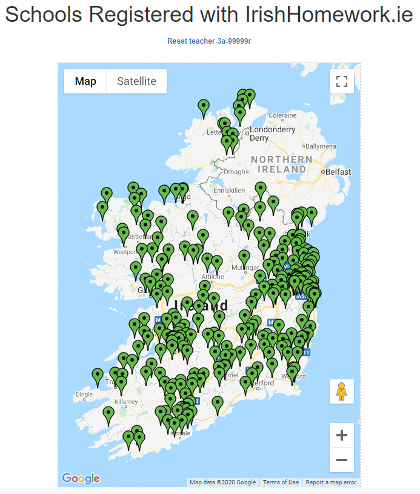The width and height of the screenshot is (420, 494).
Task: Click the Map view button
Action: tap(85, 81)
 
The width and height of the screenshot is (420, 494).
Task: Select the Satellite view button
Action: tap(136, 81)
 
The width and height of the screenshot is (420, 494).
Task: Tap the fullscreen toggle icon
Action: tap(342, 81)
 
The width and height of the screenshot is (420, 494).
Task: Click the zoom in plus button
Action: tap(342, 435)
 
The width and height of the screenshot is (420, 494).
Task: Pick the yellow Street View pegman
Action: tap(342, 391)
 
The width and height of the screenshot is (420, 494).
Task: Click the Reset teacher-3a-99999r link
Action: tap(209, 41)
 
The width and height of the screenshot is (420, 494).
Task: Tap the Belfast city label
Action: tap(338, 172)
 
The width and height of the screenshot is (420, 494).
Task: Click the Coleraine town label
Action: tap(282, 115)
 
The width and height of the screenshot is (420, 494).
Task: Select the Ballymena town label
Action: tap(321, 146)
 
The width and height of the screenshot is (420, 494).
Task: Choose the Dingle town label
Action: tap(84, 394)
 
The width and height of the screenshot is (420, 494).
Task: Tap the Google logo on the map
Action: tap(81, 478)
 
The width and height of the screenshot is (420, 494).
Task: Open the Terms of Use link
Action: tap(281, 482)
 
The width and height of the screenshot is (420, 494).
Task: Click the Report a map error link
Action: tap(331, 482)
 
